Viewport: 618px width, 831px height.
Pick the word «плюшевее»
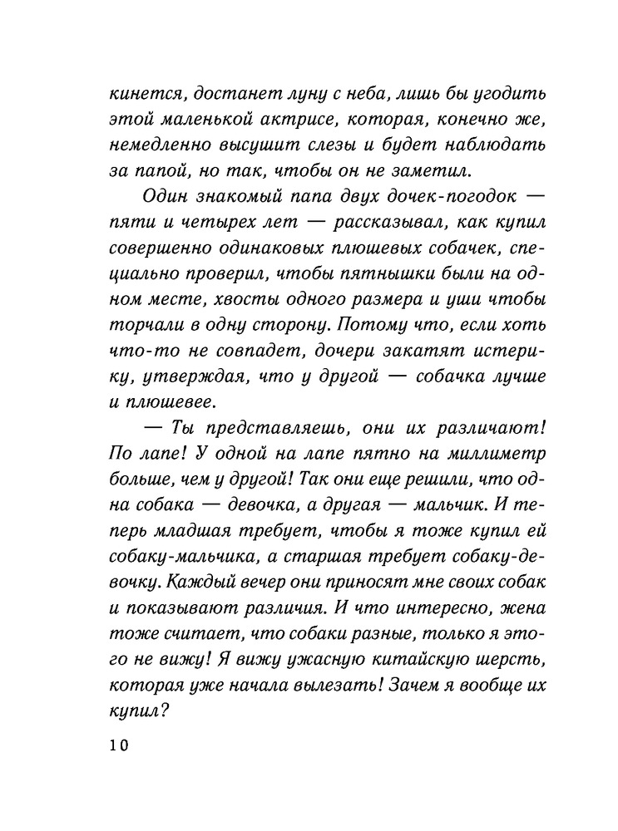coord(171,404)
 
